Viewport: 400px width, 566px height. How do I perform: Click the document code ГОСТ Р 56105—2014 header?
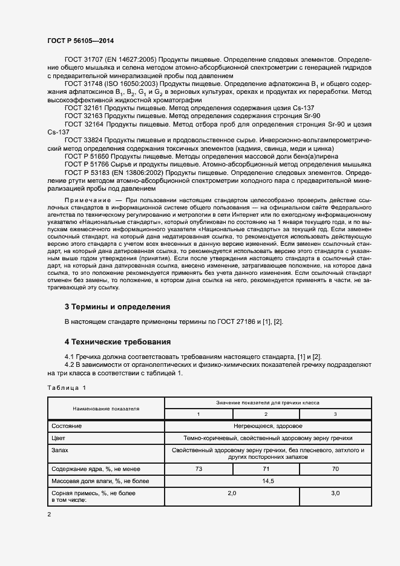(x=80, y=41)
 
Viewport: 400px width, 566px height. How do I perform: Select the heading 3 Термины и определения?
(x=117, y=306)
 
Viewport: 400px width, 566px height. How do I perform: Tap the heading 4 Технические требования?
(x=117, y=341)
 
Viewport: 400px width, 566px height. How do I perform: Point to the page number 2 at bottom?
(x=50, y=514)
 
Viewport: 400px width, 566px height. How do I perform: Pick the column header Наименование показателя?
(x=107, y=408)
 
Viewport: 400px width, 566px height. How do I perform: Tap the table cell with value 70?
(x=335, y=469)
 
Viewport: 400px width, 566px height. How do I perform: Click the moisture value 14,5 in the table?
(x=267, y=481)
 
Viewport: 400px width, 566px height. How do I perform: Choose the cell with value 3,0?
(x=335, y=493)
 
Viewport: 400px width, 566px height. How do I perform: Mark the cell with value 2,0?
(x=231, y=493)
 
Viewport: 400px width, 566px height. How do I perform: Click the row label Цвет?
(x=58, y=438)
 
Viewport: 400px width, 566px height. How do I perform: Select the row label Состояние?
(x=67, y=426)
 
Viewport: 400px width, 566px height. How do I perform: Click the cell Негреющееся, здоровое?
(x=267, y=426)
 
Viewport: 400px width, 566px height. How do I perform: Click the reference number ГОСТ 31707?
(x=84, y=61)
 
